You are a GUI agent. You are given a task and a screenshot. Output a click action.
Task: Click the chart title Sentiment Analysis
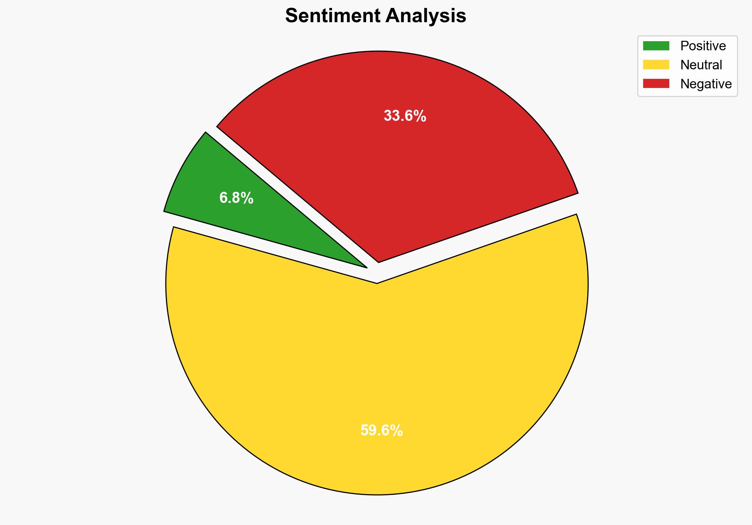tap(376, 16)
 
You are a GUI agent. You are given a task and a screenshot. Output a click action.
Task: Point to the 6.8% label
tap(236, 198)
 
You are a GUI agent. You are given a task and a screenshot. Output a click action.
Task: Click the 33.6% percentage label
tap(405, 116)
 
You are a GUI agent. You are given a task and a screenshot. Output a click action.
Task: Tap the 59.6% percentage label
tap(382, 430)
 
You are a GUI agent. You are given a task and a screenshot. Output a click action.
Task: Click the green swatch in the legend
tap(656, 46)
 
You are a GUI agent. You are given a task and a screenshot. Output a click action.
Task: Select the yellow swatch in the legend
tap(656, 65)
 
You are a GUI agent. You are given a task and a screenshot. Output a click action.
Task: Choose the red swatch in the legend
tap(656, 84)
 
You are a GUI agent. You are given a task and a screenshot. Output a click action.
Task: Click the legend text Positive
tap(703, 46)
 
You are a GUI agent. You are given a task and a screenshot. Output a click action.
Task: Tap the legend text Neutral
tap(701, 65)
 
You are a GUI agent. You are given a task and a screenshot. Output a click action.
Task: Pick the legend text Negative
tap(706, 84)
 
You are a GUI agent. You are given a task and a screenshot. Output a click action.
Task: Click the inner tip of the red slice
tap(379, 261)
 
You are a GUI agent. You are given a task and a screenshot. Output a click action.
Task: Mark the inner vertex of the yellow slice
tap(377, 283)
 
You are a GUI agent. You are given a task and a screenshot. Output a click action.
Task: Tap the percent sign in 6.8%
tap(247, 198)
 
